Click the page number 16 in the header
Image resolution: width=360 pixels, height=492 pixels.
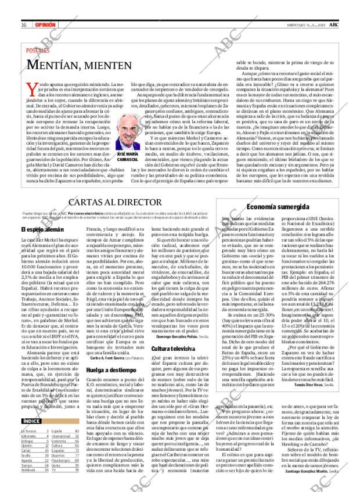coord(24,25)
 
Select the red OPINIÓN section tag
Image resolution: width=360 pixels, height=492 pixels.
coord(45,25)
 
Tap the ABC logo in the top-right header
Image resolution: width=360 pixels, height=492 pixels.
coord(335,25)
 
